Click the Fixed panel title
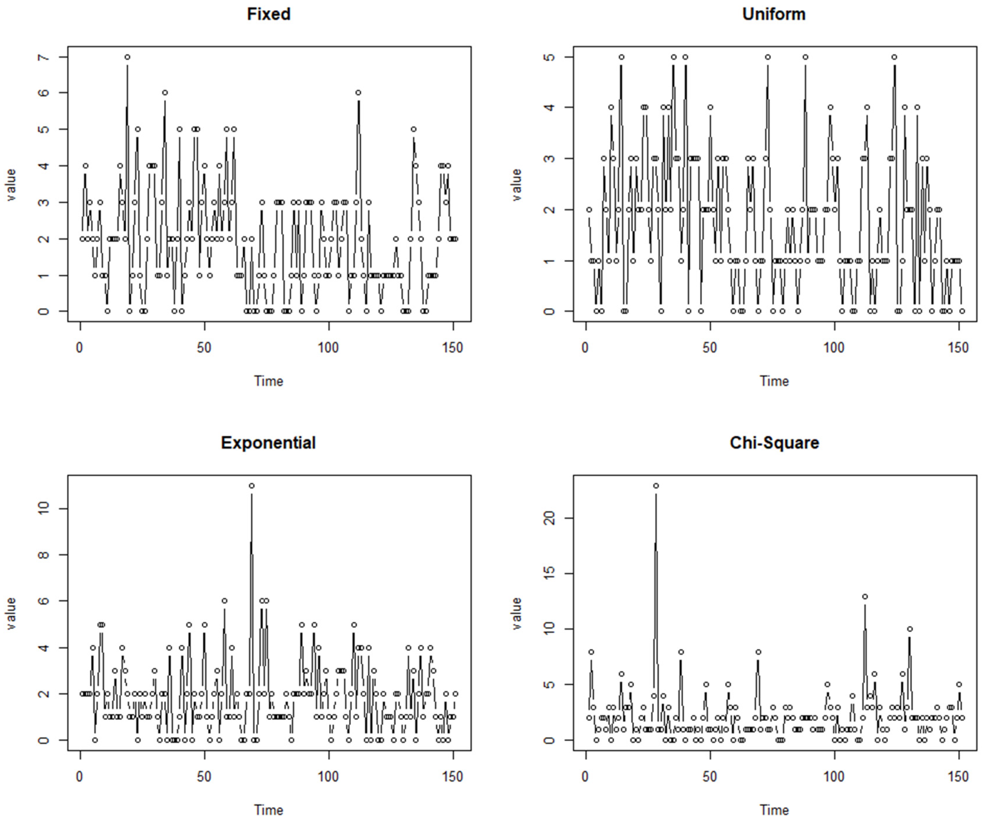coord(269,14)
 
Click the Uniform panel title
coord(774,14)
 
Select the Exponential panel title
coord(268,443)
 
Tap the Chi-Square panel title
coord(774,443)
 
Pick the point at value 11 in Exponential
coord(252,486)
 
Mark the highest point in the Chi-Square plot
coord(656,486)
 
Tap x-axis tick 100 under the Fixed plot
coord(328,348)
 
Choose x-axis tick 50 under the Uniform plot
coord(710,348)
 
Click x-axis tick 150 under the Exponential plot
coord(452,777)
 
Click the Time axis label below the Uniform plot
coord(774,381)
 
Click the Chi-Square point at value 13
coord(865,597)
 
